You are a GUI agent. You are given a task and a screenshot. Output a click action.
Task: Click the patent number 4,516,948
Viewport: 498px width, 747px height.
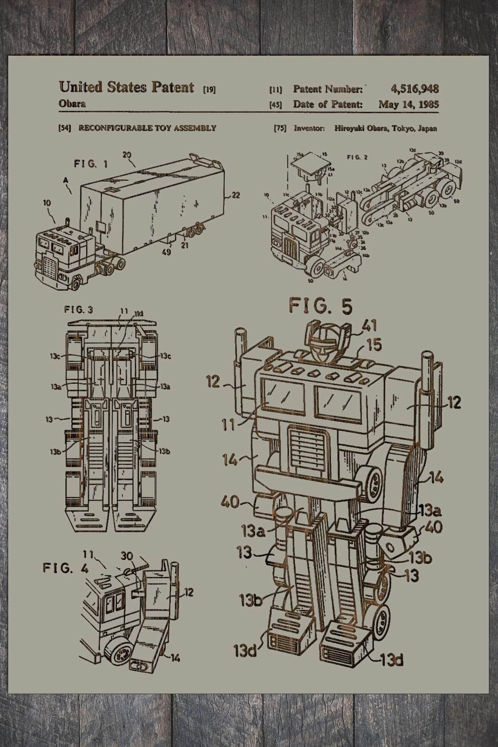coord(414,89)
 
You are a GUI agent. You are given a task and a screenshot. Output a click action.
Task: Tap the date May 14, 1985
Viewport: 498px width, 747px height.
coord(408,104)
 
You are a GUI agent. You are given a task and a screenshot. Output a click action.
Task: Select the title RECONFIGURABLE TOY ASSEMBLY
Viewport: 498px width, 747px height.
coord(147,128)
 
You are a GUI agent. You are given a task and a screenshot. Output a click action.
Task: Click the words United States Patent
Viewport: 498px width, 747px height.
coord(126,87)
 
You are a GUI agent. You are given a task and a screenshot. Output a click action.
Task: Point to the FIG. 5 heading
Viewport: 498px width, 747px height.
coord(321,306)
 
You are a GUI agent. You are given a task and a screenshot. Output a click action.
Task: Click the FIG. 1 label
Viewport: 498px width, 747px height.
coord(91,164)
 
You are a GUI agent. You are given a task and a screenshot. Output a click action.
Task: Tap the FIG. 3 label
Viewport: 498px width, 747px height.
coord(79,309)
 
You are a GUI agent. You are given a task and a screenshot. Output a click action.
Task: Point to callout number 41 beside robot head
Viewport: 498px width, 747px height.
coord(370,326)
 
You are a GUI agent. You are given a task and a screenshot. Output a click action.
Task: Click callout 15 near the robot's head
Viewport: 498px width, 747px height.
coord(374,345)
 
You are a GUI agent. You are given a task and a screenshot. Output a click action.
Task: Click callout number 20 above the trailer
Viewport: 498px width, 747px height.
coord(127,155)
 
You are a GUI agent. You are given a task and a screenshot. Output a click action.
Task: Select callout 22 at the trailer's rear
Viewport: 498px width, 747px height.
coord(236,195)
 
